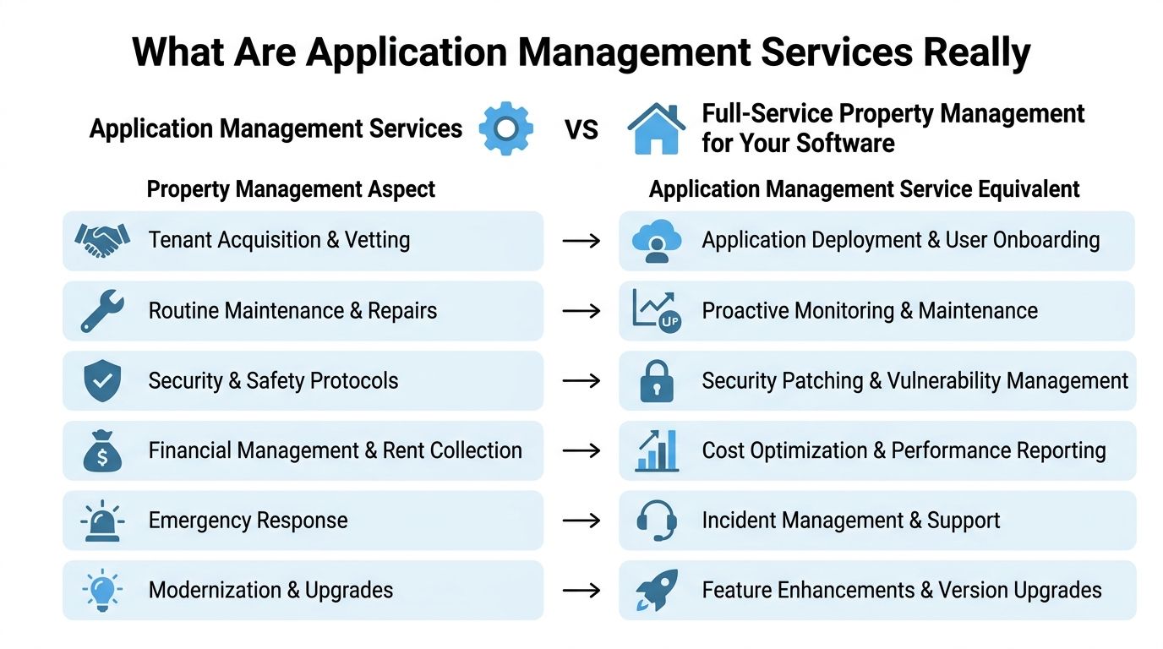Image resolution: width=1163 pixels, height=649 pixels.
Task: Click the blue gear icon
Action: (505, 128)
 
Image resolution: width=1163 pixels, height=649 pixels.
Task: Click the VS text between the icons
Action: (581, 130)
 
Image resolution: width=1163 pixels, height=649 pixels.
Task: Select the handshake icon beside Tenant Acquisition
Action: (102, 240)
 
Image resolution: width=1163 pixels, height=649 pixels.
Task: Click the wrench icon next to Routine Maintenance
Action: (102, 311)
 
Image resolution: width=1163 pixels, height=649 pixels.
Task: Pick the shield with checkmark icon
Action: (102, 380)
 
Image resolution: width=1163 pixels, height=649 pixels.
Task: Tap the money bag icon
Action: (102, 450)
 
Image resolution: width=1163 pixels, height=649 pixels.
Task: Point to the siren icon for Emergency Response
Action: (102, 521)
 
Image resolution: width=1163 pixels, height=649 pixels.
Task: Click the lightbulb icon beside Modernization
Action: (102, 591)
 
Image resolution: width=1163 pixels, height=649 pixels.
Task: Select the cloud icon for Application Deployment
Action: (657, 240)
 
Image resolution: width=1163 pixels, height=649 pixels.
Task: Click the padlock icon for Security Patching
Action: (657, 380)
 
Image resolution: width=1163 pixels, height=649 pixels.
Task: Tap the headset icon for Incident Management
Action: (657, 521)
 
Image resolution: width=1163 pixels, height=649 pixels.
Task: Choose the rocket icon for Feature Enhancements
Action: (657, 591)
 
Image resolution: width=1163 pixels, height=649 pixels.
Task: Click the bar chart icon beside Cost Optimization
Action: (657, 450)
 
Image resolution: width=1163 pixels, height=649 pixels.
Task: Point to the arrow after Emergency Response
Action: (581, 521)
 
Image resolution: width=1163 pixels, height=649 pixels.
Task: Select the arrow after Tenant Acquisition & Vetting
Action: (581, 240)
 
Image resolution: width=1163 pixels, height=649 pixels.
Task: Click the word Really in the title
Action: (976, 52)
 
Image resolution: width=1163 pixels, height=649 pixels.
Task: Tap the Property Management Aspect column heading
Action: (291, 189)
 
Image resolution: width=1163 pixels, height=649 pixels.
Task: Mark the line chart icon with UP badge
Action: (657, 311)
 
